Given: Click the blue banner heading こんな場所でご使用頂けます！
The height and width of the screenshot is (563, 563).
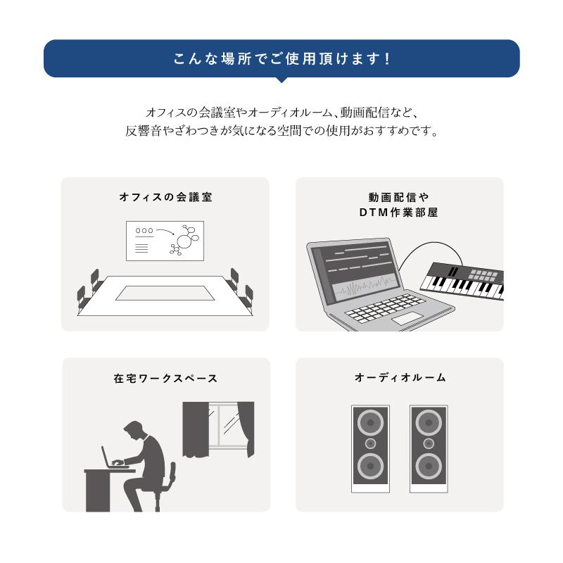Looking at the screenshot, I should pos(281,58).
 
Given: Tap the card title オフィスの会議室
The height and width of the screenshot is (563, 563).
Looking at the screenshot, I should pos(165,198).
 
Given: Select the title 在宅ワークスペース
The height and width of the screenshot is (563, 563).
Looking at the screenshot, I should pos(165,379).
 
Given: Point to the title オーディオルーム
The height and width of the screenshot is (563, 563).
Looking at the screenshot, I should pos(400,378).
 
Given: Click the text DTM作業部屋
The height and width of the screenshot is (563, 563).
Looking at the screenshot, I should pos(398,212).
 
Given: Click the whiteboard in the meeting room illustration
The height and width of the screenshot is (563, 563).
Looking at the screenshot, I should pos(165,241).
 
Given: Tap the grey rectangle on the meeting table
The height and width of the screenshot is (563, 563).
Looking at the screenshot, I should pos(165,293).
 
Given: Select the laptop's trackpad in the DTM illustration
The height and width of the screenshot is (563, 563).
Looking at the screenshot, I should pos(407,319).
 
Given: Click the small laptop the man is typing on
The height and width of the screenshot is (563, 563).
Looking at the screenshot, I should pos(110,458).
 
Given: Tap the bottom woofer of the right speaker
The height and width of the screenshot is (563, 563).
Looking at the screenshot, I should pos(428,466).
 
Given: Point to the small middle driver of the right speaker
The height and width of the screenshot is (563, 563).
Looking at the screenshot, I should pos(428,444).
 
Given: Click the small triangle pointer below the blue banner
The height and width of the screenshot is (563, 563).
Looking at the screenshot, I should pos(281,80).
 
